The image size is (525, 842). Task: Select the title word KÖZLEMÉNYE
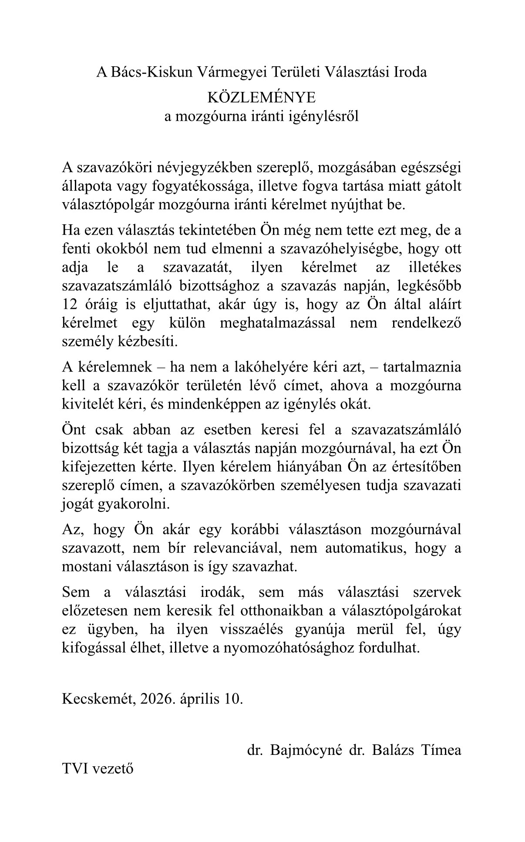pos(261,97)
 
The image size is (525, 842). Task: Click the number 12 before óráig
pos(70,304)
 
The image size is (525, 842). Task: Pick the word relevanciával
pos(236,548)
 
